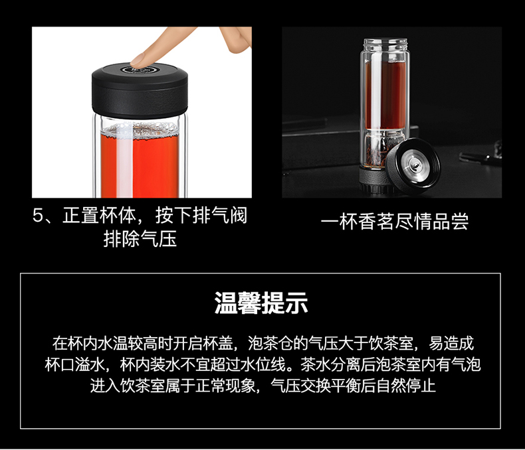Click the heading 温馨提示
point(261,303)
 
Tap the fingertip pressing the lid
point(139,60)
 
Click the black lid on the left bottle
point(140,90)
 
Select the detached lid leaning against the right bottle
point(413,167)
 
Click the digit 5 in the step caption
point(38,216)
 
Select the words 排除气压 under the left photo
point(140,239)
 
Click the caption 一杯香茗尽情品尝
point(395,222)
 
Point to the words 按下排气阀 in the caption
point(201,216)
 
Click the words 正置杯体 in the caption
point(99,216)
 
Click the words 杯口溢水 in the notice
point(75,365)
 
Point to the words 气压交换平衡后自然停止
point(354,386)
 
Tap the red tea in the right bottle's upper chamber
point(385,94)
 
